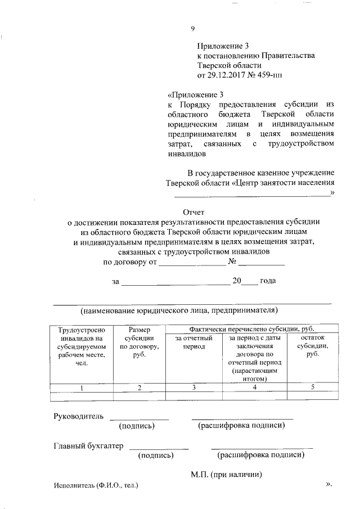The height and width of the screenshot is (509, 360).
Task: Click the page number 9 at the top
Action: coord(192,29)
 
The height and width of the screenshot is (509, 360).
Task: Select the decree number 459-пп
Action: coord(268,75)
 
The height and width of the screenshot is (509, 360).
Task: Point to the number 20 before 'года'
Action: coord(237,281)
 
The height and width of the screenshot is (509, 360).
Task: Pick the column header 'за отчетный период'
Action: coord(193,343)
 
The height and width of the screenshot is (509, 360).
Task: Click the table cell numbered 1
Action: coord(82,388)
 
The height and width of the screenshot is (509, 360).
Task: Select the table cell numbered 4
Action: coord(255,388)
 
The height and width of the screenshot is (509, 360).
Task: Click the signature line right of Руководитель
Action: coord(138,418)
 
